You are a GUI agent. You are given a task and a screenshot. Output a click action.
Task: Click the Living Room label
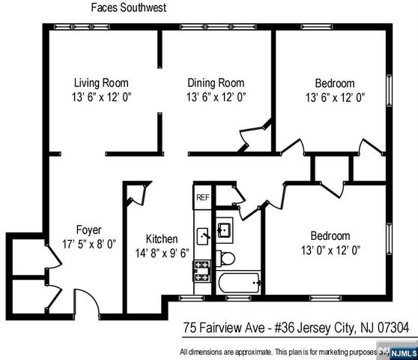pos(101,82)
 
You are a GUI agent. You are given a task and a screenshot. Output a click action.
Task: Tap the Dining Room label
pos(216,82)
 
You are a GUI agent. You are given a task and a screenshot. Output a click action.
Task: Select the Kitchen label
pos(161,239)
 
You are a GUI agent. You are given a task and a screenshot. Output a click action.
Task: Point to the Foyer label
pos(88,229)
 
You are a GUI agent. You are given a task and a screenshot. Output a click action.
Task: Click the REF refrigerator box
pos(202,197)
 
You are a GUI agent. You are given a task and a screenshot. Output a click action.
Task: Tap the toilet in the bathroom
pos(228,259)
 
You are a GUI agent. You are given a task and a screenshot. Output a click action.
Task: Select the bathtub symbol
pos(239,283)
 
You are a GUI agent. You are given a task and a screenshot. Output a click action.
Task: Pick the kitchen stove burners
pos(202,271)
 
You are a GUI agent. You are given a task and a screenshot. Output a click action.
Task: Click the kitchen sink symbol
pos(202,234)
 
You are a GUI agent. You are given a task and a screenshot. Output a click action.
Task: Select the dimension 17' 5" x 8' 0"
pos(88,243)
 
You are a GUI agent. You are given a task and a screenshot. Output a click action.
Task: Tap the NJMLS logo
pos(399,350)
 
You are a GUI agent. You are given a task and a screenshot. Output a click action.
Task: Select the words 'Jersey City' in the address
pos(324,328)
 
